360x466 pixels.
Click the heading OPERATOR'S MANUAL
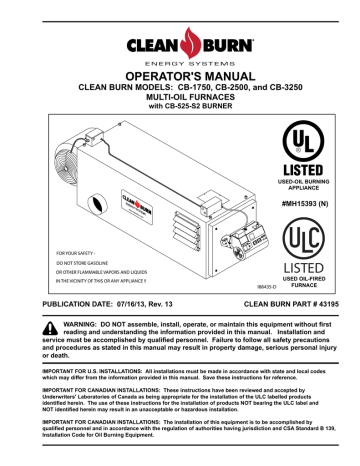(180, 76)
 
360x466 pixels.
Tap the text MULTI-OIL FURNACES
(180, 102)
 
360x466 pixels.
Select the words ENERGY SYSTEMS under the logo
(180, 61)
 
